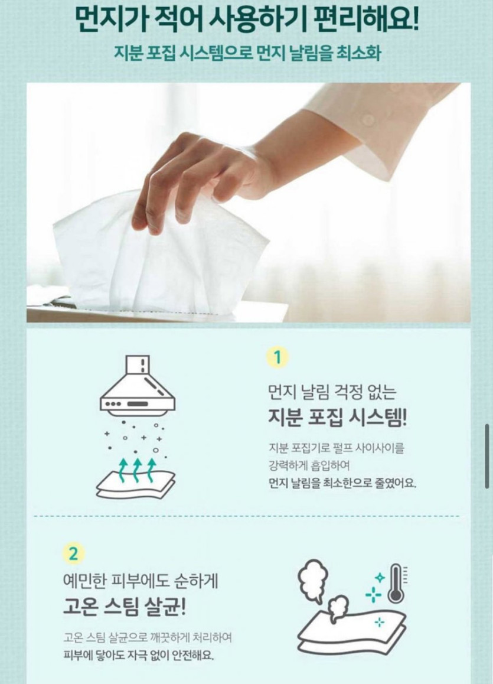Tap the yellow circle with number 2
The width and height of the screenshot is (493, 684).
[x=73, y=554]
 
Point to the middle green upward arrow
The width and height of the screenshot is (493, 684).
[x=138, y=470]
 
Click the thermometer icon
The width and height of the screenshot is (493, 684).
[x=395, y=583]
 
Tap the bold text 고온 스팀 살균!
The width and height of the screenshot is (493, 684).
[x=125, y=607]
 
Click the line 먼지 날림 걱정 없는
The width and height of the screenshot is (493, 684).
[x=332, y=393]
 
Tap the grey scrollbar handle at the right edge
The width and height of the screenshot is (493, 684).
[x=487, y=456]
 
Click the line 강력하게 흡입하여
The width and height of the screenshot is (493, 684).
[x=309, y=466]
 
